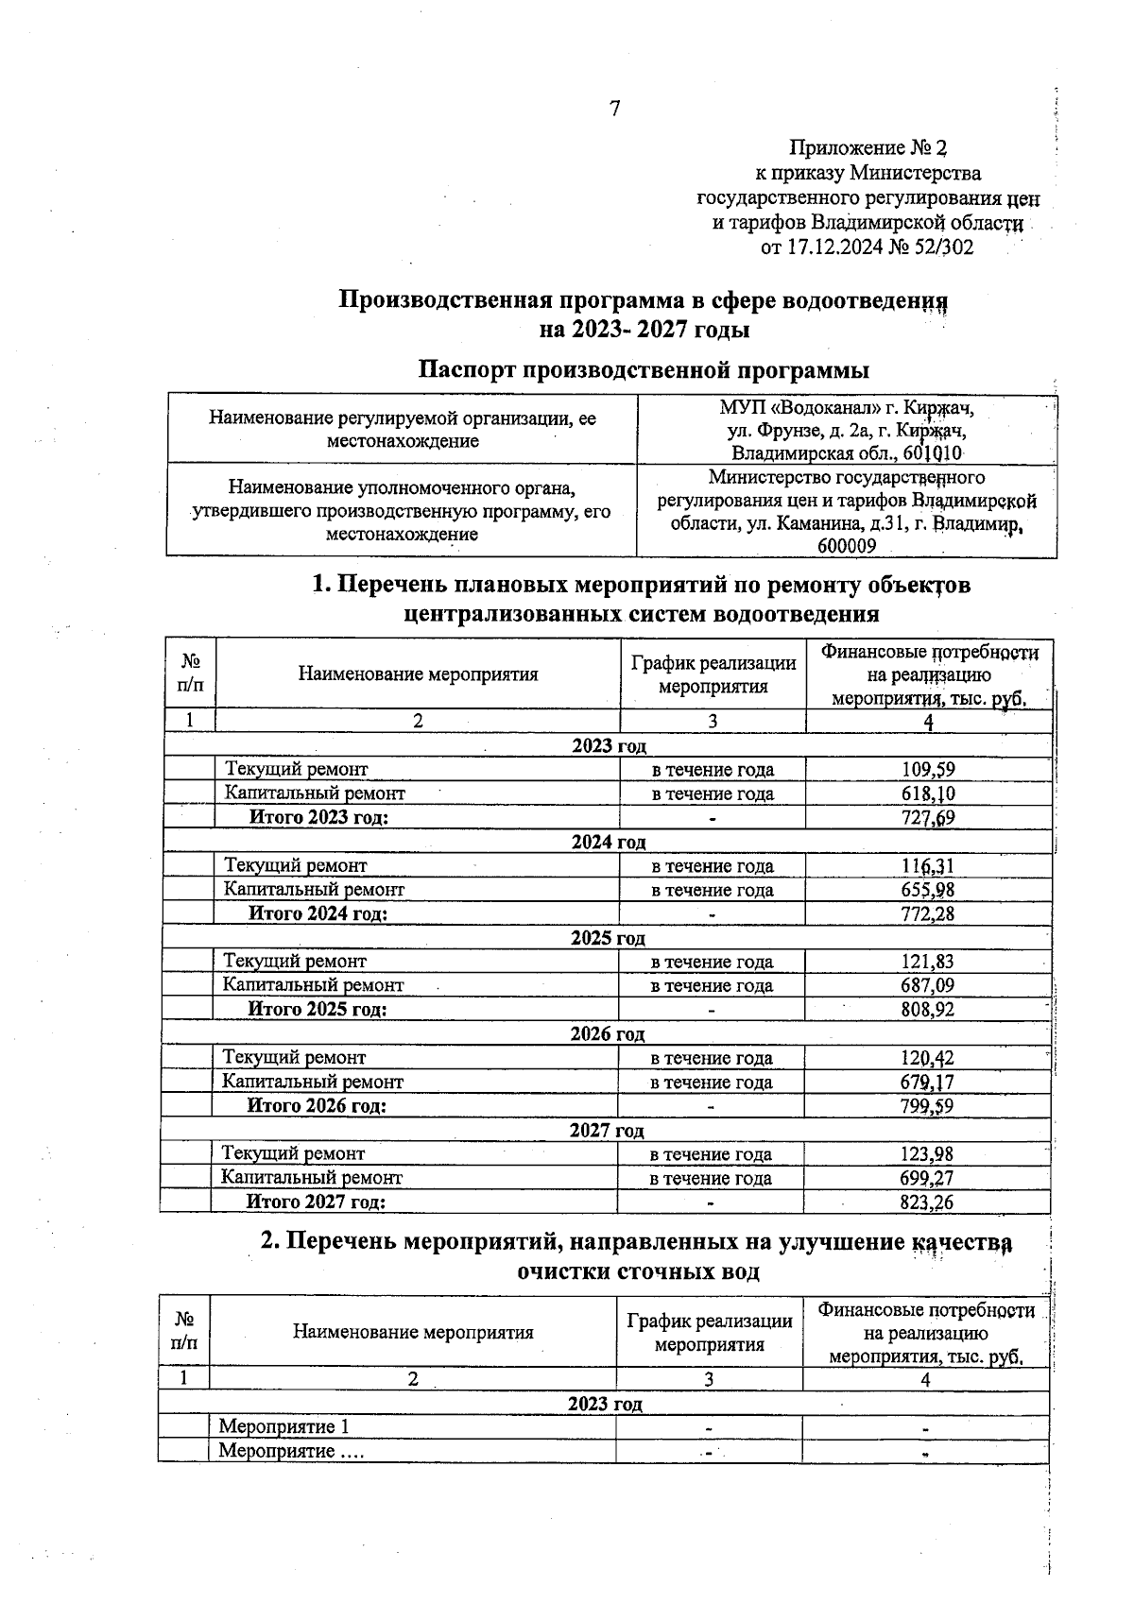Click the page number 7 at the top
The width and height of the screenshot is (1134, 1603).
coord(614,110)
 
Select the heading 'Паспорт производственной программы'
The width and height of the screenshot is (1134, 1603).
coord(644,369)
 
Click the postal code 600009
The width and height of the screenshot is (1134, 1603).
coord(847,546)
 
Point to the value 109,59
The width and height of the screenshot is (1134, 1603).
coord(928,770)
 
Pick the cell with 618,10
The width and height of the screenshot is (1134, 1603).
coord(928,794)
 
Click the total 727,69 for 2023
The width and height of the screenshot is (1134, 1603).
coord(928,818)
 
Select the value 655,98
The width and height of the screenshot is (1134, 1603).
coord(928,890)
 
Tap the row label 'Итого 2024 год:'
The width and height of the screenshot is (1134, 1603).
coord(318,913)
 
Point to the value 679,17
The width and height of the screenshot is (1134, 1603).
coord(927,1082)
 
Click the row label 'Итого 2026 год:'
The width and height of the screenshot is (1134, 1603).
coord(317,1106)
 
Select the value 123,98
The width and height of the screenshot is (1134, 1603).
coord(927,1153)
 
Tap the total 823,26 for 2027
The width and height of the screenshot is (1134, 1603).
coord(927,1202)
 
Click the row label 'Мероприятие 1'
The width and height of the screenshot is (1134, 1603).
coord(283,1427)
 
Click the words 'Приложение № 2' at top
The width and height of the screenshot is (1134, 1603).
coord(868,148)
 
